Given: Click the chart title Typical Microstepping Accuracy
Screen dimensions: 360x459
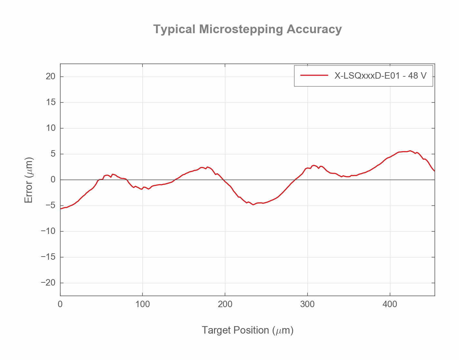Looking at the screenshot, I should (x=247, y=29).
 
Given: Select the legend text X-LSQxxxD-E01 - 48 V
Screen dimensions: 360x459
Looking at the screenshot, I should (x=380, y=76).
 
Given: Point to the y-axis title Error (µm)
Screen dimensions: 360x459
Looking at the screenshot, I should (x=29, y=180).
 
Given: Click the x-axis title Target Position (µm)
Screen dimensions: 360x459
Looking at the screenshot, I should (x=248, y=330).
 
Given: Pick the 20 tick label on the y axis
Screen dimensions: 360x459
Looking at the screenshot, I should (x=51, y=77).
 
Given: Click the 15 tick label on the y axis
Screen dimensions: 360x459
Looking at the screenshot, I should (x=51, y=102).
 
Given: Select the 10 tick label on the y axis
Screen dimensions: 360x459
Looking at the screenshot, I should (x=51, y=128).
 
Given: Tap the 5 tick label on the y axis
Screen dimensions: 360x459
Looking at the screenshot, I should (x=53, y=154).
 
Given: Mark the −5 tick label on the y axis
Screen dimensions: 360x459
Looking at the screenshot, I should (x=48, y=206).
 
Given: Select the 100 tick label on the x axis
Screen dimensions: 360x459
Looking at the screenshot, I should (x=142, y=304).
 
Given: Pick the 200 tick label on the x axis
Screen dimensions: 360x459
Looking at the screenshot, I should (x=225, y=304).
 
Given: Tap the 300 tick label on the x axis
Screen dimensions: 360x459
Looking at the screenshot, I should (x=308, y=304).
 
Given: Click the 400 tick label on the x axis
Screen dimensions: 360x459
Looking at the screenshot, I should (x=390, y=304).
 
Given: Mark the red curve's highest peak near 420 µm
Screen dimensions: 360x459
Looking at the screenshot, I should (x=410, y=151).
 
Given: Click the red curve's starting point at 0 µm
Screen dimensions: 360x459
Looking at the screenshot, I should (x=61, y=209).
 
